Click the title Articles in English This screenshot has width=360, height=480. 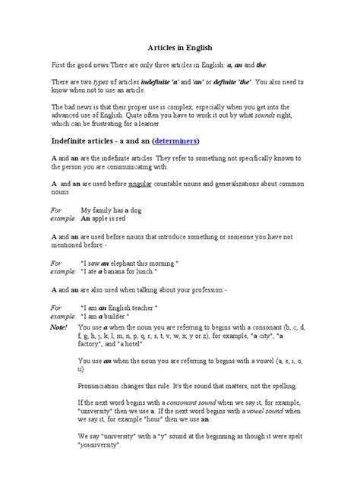[180, 46]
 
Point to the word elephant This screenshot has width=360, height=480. [125, 262]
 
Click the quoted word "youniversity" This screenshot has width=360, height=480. [102, 445]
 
